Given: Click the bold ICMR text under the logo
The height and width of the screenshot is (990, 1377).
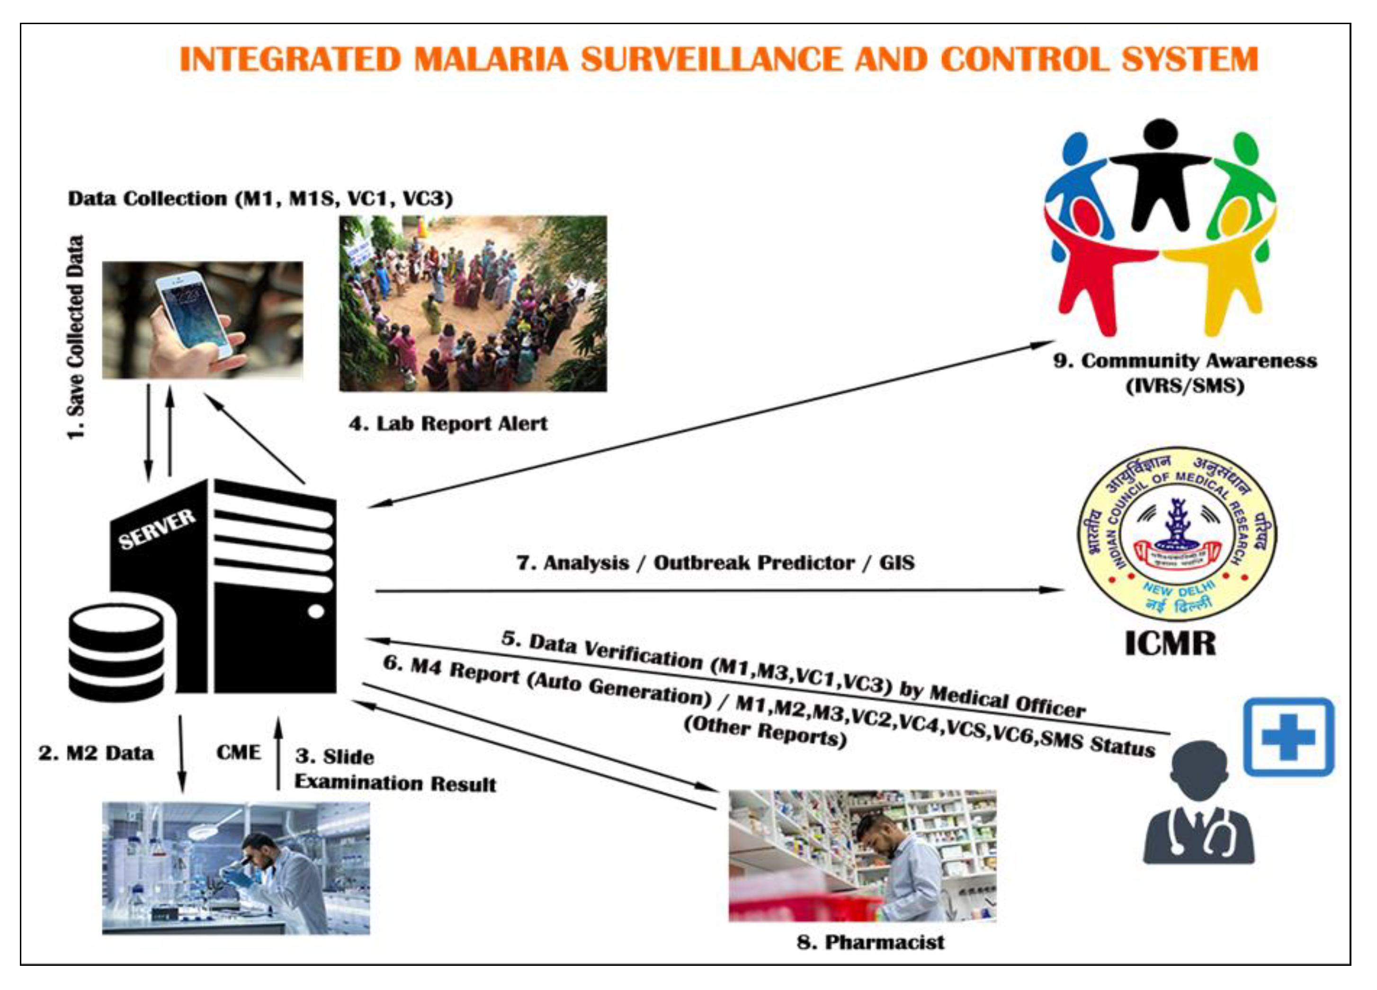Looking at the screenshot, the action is (1170, 644).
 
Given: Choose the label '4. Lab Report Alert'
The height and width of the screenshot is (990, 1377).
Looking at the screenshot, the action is (447, 423).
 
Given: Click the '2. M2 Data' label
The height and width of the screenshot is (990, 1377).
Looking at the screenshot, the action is (96, 753).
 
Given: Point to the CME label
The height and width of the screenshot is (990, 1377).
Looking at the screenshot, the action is (238, 753).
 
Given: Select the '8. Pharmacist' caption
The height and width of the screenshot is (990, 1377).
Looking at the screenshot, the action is (870, 942).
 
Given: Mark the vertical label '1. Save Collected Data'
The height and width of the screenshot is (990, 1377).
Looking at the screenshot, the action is (75, 337).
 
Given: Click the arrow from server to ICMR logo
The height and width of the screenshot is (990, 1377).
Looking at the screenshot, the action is (716, 590).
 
